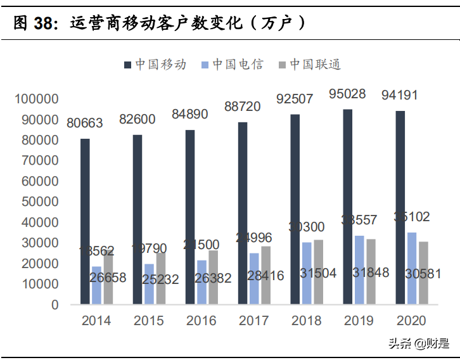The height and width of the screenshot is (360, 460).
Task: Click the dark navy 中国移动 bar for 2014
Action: [85, 221]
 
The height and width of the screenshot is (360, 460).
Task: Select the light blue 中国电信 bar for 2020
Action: [412, 268]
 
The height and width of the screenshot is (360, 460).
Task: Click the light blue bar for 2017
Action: [254, 278]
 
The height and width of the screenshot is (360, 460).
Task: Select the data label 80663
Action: [86, 122]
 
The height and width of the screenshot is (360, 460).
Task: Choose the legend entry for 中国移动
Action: [155, 65]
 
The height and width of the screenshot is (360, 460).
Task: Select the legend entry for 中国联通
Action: [310, 65]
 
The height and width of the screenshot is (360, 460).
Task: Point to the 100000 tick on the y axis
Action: [37, 99]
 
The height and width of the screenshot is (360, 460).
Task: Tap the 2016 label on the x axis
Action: [201, 321]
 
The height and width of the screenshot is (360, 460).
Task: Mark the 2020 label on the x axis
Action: [411, 321]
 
